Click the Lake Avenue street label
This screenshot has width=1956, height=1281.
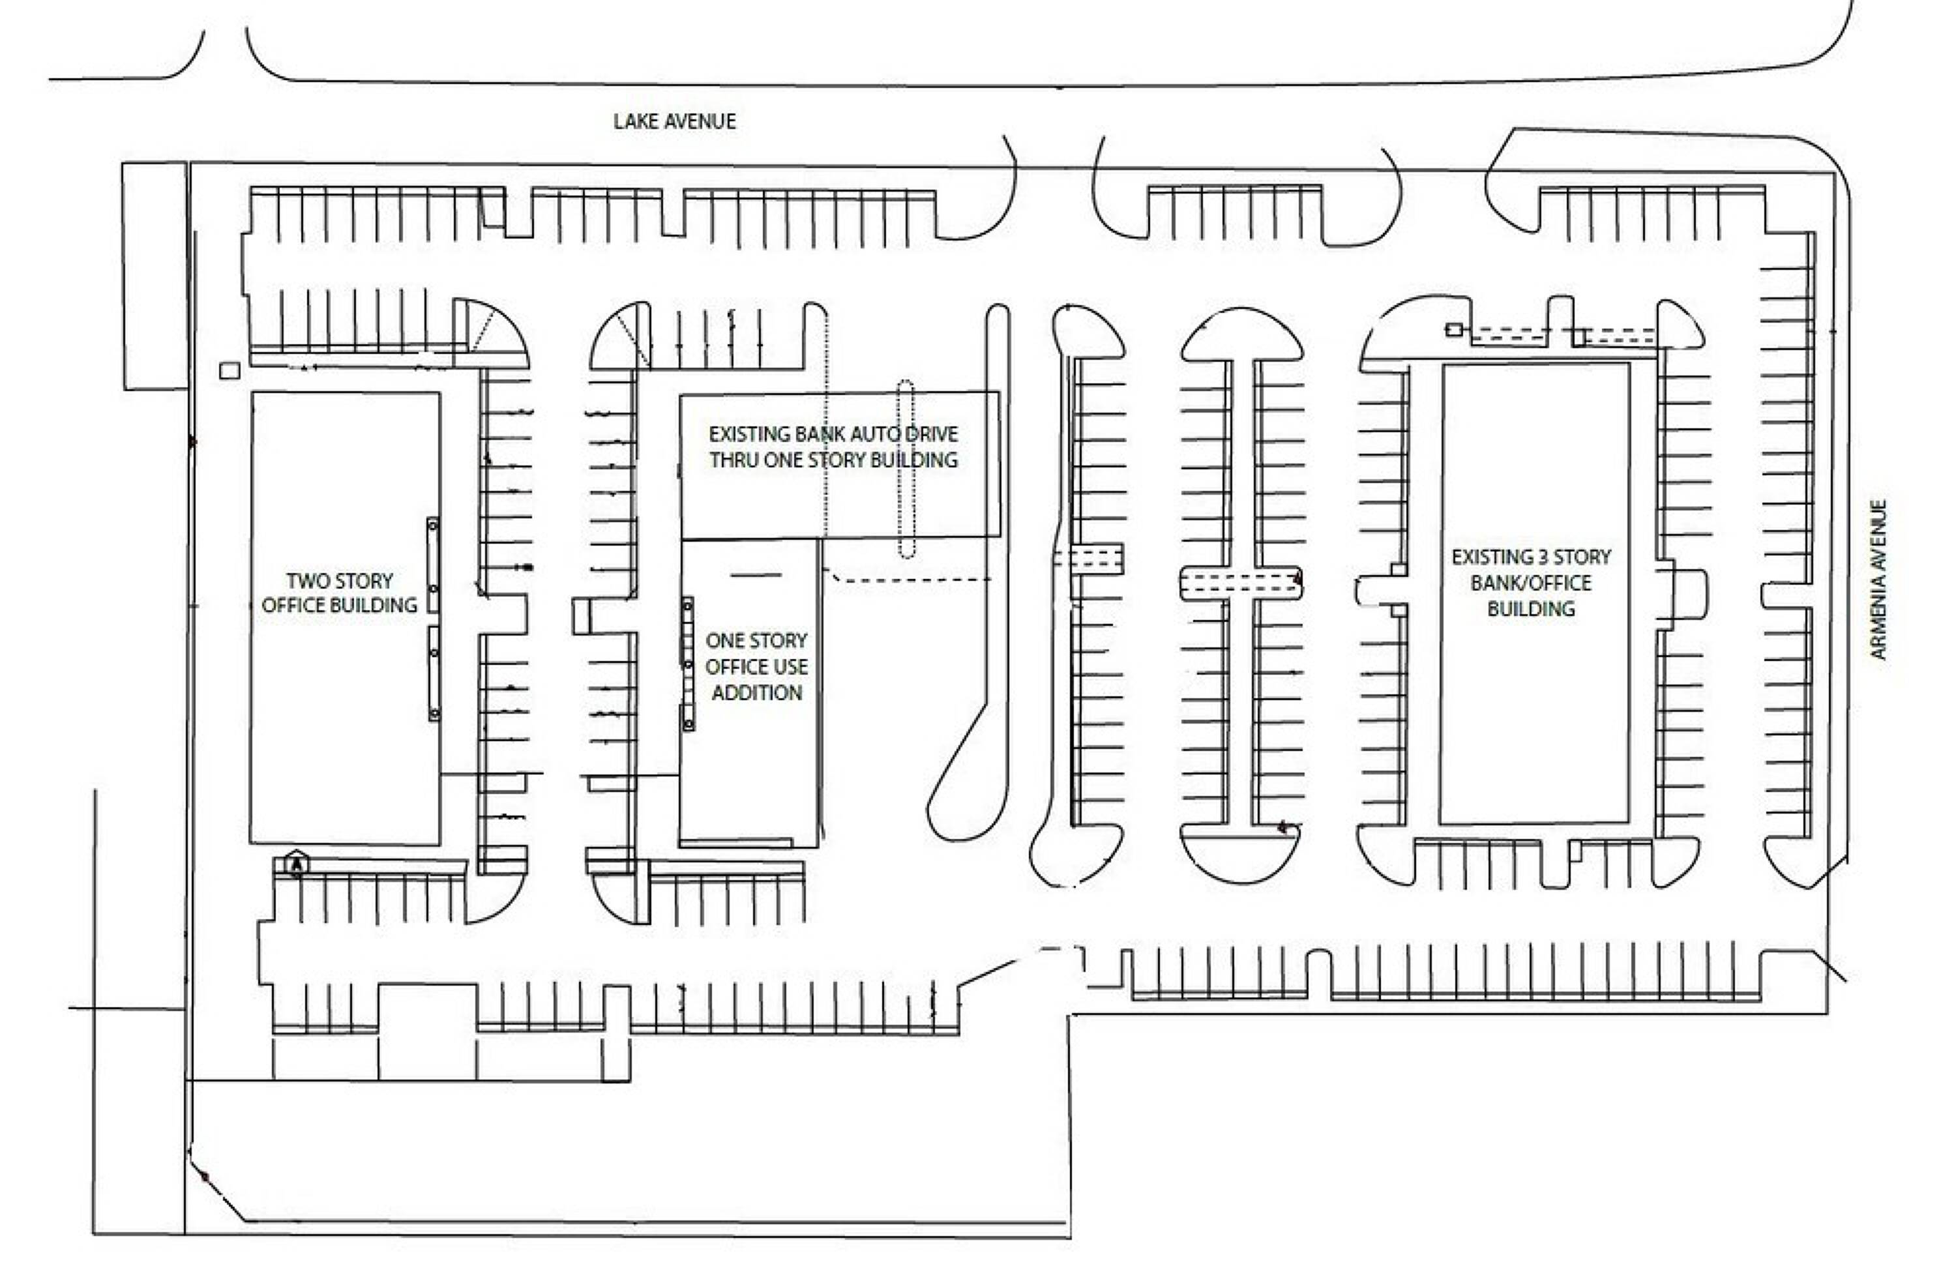674,122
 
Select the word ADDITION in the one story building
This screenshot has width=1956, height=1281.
756,693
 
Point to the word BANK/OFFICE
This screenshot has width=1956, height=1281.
1530,583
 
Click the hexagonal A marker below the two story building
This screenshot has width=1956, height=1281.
297,865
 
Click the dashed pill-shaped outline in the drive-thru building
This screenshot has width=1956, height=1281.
905,468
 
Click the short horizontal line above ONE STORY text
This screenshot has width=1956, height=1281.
755,574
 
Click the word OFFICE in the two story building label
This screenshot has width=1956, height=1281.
293,606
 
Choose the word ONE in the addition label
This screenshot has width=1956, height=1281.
723,640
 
